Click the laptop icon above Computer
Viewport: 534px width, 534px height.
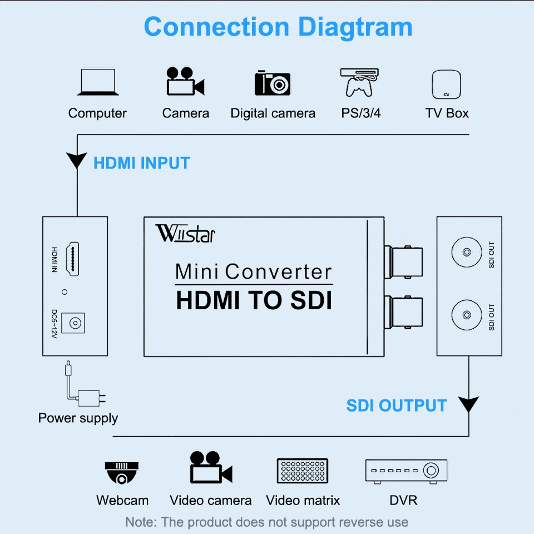tap(97, 82)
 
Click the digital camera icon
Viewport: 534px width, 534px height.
tap(273, 83)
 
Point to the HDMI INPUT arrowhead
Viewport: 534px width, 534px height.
tap(76, 161)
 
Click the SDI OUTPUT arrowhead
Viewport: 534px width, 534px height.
tap(468, 404)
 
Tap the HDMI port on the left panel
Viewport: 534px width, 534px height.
tap(71, 259)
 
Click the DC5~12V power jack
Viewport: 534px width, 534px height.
tap(72, 322)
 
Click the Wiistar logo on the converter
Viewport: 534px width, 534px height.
tap(185, 233)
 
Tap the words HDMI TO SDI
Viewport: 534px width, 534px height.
tap(254, 301)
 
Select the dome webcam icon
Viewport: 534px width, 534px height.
tap(121, 473)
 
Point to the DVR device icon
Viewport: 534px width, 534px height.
tap(406, 471)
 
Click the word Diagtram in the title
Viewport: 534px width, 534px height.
tap(355, 27)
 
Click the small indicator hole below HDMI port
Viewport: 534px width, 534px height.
tap(65, 291)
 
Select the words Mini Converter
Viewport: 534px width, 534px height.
tap(254, 271)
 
